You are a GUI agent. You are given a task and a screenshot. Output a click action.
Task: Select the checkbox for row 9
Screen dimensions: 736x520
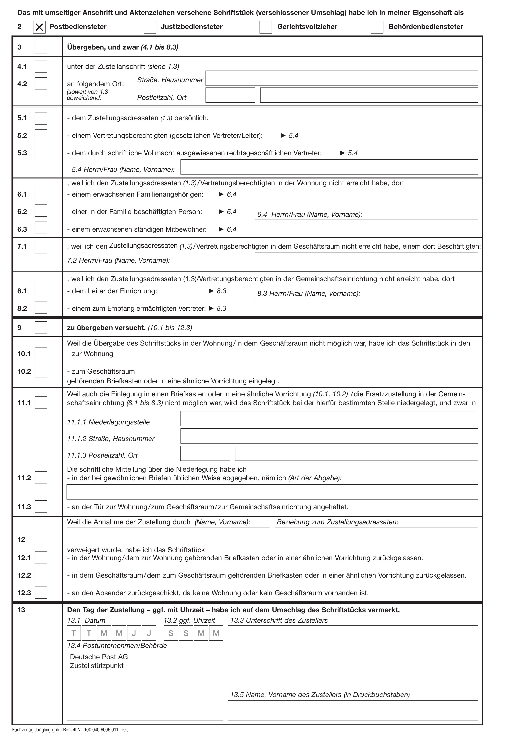point(41,328)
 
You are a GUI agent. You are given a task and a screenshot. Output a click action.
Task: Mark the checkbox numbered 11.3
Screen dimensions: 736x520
point(41,506)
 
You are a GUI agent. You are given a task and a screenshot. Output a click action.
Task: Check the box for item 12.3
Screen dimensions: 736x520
point(41,592)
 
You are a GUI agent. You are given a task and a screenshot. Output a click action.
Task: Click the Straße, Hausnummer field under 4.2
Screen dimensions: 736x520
point(342,78)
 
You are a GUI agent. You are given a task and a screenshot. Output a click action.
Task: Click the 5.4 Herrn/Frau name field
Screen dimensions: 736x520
point(329,167)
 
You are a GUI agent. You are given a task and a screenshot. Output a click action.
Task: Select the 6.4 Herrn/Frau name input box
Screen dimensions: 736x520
point(366,227)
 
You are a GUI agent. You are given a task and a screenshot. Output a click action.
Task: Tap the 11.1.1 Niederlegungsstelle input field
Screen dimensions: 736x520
point(329,419)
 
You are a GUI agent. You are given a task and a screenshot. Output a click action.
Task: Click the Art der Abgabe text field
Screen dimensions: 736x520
point(272,492)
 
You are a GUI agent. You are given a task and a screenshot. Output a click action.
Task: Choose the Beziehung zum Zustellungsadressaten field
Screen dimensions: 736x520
point(376,535)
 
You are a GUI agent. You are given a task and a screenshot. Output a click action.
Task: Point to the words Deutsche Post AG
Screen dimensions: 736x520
point(99,657)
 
